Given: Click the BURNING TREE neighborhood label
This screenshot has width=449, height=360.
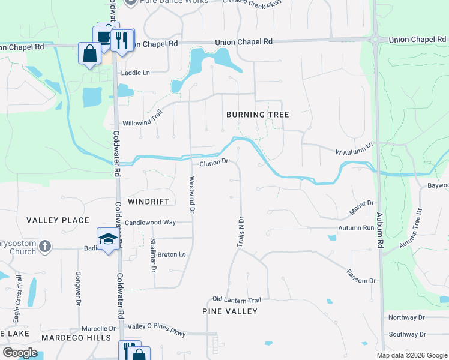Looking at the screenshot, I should click(258, 115).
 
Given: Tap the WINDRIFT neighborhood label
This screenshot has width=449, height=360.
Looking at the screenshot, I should click(149, 202).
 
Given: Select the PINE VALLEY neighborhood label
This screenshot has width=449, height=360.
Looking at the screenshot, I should click(230, 311).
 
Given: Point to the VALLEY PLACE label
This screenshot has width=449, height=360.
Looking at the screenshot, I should click(58, 220).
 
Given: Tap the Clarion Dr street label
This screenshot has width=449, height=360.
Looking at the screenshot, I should click(214, 162).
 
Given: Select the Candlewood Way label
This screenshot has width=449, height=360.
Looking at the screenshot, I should click(150, 223).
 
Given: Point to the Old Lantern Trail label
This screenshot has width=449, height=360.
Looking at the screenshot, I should click(237, 300).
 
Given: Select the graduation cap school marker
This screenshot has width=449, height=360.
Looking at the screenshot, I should click(108, 239).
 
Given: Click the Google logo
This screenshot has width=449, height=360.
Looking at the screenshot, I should click(20, 353).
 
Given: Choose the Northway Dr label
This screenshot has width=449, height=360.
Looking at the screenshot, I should click(406, 317).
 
